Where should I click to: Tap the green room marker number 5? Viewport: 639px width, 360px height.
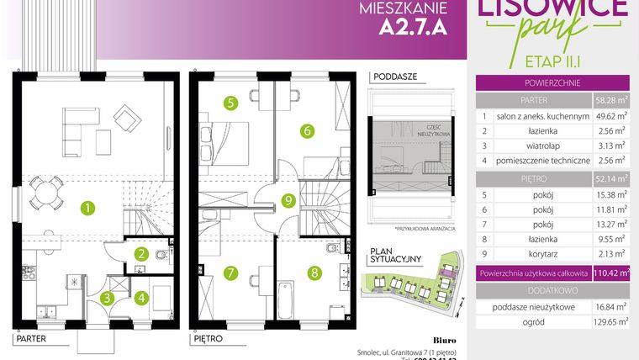[x=230, y=103]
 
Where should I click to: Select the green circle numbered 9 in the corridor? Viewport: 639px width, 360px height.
[x=288, y=200]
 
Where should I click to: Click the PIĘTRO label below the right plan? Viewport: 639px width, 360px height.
[x=207, y=339]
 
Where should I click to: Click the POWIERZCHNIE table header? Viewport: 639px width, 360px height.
[x=553, y=83]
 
